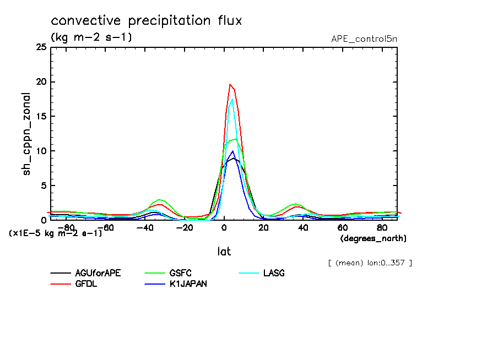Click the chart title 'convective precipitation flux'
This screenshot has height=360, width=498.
[x=146, y=21]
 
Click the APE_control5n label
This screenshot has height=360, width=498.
[x=364, y=39]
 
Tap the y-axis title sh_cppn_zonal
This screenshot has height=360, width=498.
[x=27, y=134]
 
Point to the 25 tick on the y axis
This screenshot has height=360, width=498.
[x=41, y=48]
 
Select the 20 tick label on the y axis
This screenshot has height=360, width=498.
[x=41, y=83]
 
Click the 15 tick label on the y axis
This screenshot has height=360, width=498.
[x=41, y=117]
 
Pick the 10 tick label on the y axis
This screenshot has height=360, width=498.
[x=41, y=151]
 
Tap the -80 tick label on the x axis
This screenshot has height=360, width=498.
[x=66, y=227]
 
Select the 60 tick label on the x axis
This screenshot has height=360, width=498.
[x=343, y=227]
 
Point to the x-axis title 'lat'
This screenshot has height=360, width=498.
[x=223, y=252]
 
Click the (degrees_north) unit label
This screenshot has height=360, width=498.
[x=373, y=238]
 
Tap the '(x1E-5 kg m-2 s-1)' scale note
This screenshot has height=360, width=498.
[x=56, y=233]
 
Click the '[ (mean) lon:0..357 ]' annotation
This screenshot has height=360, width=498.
[x=370, y=263]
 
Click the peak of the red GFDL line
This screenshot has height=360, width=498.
[x=230, y=84]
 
